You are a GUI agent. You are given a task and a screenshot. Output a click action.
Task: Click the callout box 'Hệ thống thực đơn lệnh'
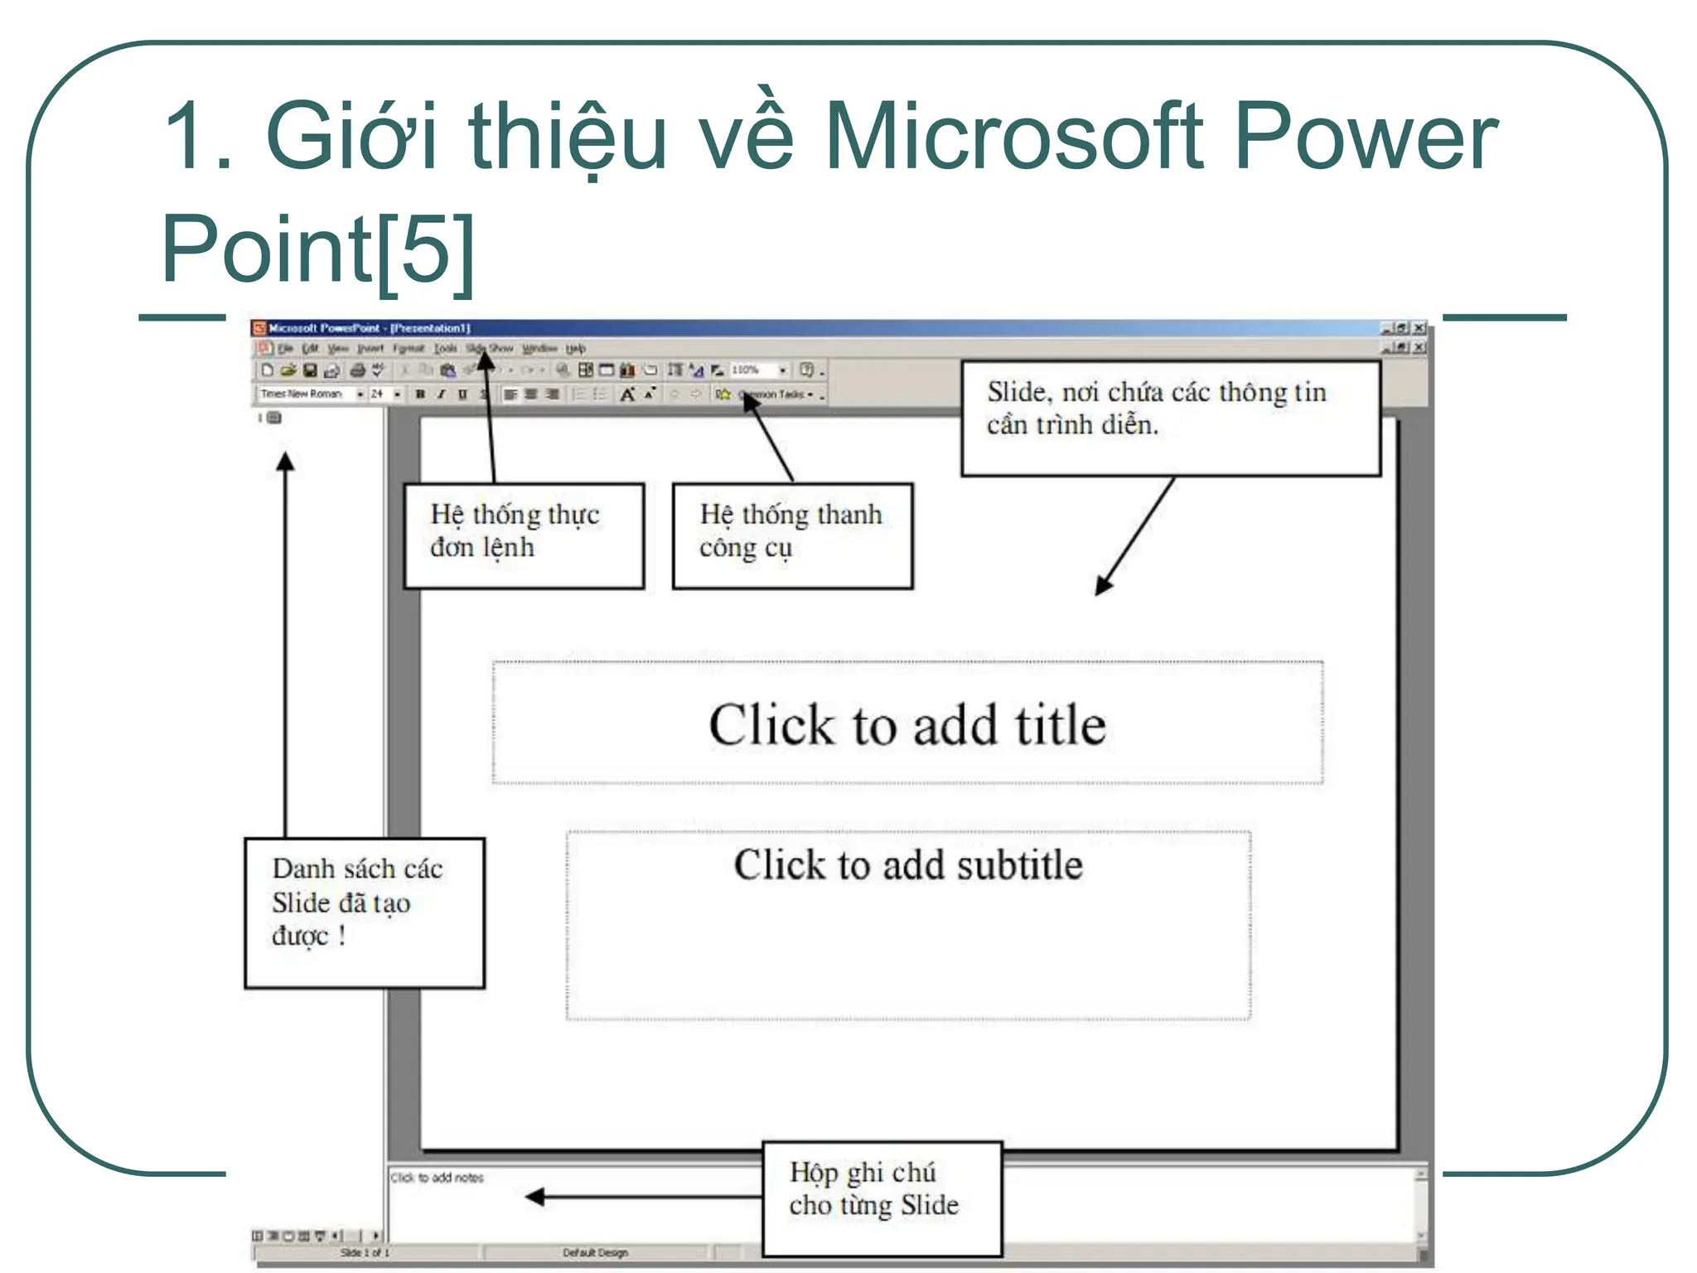[x=524, y=535]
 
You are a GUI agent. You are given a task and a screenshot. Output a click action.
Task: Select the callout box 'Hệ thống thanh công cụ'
[x=792, y=535]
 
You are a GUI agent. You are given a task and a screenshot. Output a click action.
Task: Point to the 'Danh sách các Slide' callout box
[x=364, y=912]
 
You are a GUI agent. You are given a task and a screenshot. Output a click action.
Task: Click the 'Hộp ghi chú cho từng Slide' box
[x=881, y=1198]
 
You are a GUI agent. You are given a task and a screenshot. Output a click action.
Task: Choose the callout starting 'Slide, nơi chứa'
[x=1170, y=418]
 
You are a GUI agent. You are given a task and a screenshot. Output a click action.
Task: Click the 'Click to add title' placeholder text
[x=907, y=725]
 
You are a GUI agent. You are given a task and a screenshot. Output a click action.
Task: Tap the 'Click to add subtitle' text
[x=908, y=865]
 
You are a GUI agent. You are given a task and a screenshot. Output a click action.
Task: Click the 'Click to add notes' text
[x=437, y=1178]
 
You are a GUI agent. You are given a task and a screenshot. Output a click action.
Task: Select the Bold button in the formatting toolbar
[x=420, y=394]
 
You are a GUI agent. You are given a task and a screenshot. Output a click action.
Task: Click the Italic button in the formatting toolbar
[x=441, y=394]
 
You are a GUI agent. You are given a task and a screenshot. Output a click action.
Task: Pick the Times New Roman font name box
[x=302, y=394]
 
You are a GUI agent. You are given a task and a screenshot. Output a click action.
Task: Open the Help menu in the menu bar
[x=576, y=349]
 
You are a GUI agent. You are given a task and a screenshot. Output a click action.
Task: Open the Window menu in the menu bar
[x=539, y=349]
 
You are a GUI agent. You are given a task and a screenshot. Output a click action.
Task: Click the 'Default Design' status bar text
[x=595, y=1253]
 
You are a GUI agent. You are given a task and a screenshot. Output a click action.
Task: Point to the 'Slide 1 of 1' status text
[x=365, y=1253]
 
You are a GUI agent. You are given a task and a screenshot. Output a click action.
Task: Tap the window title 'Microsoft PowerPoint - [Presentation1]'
[x=370, y=328]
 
